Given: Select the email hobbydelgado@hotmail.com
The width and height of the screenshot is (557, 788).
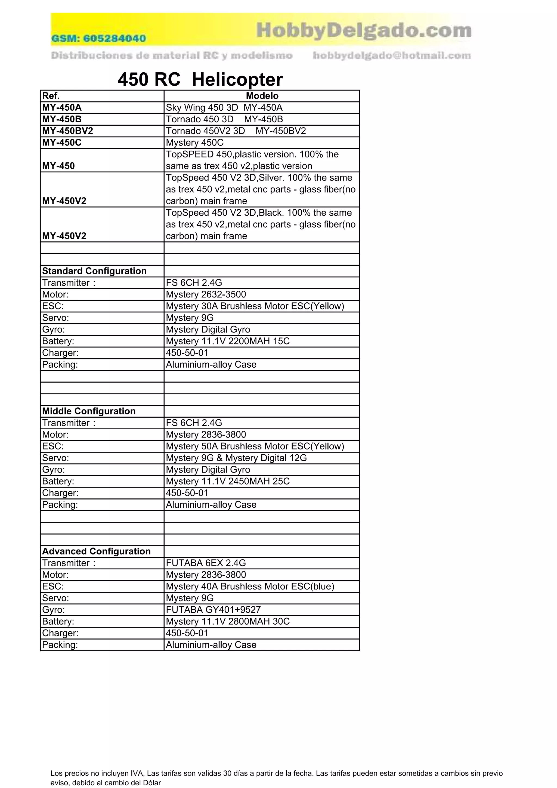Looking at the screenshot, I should click(392, 55).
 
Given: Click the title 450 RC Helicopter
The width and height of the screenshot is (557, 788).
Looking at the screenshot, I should click(200, 80).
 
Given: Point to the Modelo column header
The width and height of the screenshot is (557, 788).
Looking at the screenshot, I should click(262, 96).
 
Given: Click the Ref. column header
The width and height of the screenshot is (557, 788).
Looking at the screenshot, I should click(51, 96).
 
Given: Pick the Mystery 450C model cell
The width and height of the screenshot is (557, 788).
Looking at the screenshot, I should click(194, 143).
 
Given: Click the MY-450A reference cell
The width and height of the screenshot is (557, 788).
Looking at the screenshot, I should click(62, 108).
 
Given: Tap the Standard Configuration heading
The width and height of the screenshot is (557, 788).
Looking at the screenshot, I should click(94, 271).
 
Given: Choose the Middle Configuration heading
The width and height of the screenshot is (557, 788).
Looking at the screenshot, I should click(89, 411).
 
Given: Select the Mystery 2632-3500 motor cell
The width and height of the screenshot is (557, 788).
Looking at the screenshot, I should click(206, 294).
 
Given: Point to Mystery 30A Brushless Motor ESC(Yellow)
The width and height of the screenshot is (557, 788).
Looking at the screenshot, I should click(255, 306).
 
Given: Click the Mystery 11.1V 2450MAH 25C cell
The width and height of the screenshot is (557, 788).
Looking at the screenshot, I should click(228, 481).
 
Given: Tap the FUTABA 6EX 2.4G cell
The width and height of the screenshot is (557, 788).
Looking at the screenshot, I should click(206, 563).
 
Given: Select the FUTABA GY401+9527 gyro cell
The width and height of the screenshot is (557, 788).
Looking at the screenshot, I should click(213, 610).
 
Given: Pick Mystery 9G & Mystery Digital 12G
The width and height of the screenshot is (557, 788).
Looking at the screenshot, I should click(236, 458).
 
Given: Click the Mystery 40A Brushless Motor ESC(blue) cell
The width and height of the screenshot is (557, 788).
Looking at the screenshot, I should click(250, 586).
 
